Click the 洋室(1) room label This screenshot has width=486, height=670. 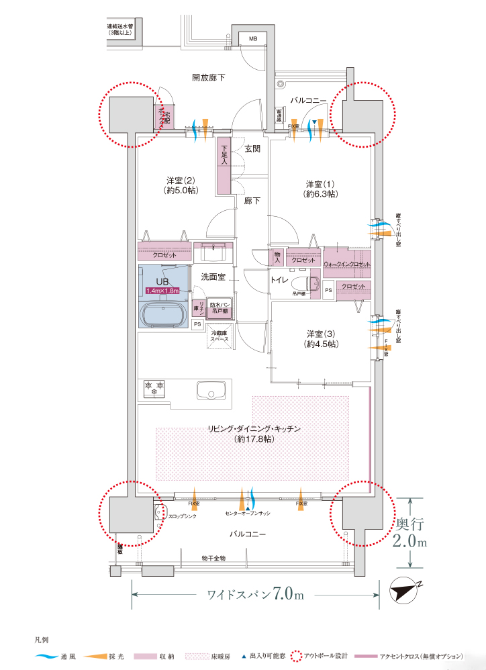(x=320, y=189)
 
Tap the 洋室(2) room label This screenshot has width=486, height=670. (x=181, y=185)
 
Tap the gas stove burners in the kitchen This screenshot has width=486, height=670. (x=153, y=388)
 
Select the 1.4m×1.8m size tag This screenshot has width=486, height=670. (x=162, y=291)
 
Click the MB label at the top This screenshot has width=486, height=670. (x=253, y=39)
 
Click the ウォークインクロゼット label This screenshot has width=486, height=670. (x=347, y=265)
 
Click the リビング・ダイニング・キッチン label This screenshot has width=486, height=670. (x=253, y=433)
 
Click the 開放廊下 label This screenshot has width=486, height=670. (x=208, y=79)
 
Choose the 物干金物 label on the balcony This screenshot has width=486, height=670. (x=213, y=558)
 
